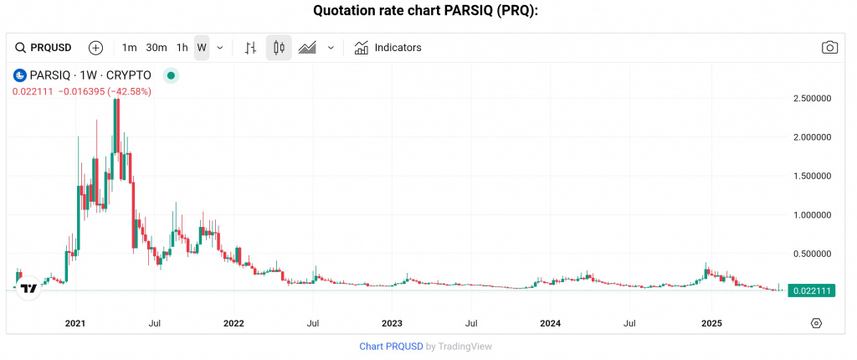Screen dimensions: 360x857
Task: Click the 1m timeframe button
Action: coord(129,48)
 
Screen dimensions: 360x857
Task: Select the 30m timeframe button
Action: coord(157,48)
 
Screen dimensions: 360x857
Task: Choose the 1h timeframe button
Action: coord(182,48)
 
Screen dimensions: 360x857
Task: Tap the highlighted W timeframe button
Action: coord(202,48)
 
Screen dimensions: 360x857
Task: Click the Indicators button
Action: coord(388,48)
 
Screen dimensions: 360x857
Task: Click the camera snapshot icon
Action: coord(829,48)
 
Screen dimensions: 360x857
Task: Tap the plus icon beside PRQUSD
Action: coord(95,48)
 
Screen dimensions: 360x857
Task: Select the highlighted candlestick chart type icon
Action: coord(279,48)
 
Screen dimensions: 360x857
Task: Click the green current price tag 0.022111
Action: coord(812,291)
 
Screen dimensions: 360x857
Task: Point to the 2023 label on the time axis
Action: coord(392,323)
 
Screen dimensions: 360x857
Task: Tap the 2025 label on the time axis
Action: coord(711,323)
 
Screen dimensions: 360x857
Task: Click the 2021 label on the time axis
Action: coord(75,323)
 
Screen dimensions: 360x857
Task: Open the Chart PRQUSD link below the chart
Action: coord(391,346)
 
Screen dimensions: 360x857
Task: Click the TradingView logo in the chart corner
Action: coord(28,288)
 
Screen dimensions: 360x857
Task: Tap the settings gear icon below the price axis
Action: coord(817,323)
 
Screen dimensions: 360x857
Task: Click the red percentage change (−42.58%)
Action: coord(129,90)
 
